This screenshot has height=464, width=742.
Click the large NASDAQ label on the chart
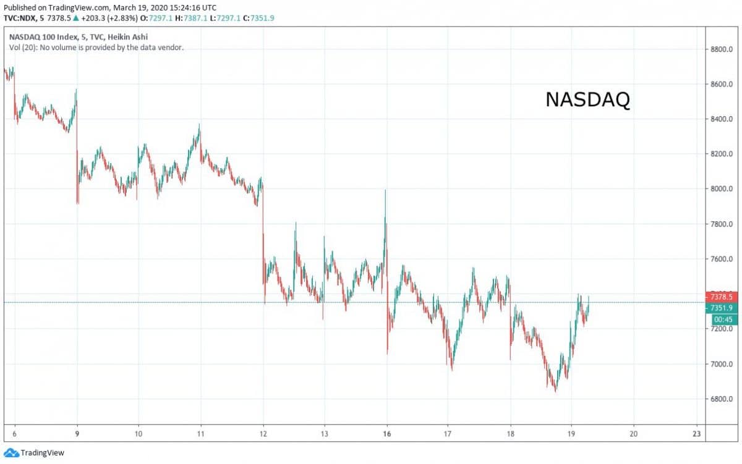point(587,100)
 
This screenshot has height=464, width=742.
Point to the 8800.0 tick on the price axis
point(721,49)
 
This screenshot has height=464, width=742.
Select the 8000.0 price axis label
point(721,189)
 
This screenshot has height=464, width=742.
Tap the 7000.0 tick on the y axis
point(721,364)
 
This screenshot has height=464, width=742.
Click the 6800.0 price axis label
point(721,399)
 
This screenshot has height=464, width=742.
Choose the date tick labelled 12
point(263,433)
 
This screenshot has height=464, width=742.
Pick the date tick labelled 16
point(387,433)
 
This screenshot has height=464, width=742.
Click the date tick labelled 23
point(696,433)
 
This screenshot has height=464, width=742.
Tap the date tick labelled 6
point(14,433)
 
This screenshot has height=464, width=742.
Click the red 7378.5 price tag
point(721,297)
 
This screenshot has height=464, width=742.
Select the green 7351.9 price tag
point(721,308)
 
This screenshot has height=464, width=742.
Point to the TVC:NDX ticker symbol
point(21,18)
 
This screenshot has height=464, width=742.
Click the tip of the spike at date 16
point(386,190)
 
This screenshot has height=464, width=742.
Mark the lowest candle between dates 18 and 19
point(555,391)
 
